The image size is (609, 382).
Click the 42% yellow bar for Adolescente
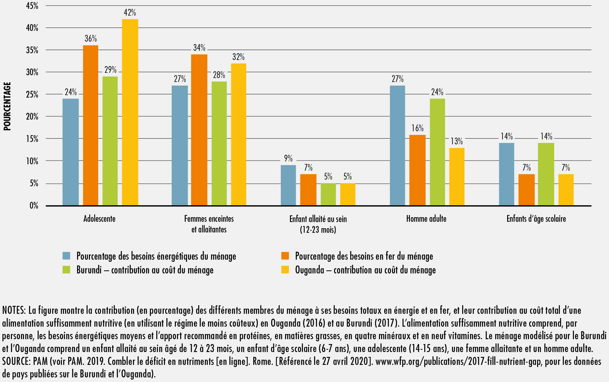pyautogui.click(x=130, y=112)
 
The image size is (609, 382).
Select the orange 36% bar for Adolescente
pyautogui.click(x=91, y=125)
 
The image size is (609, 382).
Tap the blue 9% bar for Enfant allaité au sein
pyautogui.click(x=288, y=185)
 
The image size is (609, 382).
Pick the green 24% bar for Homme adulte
pyautogui.click(x=437, y=152)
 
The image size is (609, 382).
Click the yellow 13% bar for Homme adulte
pyautogui.click(x=457, y=177)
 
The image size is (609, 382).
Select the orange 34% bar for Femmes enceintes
pyautogui.click(x=199, y=130)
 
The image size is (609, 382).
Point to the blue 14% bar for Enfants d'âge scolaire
pyautogui.click(x=507, y=174)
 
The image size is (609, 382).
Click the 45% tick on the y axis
pyautogui.click(x=32, y=6)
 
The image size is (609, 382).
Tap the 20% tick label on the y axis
pyautogui.click(x=32, y=117)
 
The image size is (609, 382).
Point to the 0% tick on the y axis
pyautogui.click(x=34, y=206)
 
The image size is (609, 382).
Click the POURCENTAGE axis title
pyautogui.click(x=7, y=106)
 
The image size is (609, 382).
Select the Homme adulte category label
pyautogui.click(x=426, y=219)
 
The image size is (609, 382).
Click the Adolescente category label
pyautogui.click(x=99, y=219)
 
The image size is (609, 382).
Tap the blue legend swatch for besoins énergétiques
pyautogui.click(x=66, y=256)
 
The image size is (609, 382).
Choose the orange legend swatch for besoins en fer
pyautogui.click(x=285, y=256)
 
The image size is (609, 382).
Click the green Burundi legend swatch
pyautogui.click(x=66, y=270)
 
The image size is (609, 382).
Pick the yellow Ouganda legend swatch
pyautogui.click(x=285, y=270)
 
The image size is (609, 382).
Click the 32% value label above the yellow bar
pyautogui.click(x=238, y=57)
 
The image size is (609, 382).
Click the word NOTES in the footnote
pyautogui.click(x=14, y=310)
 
